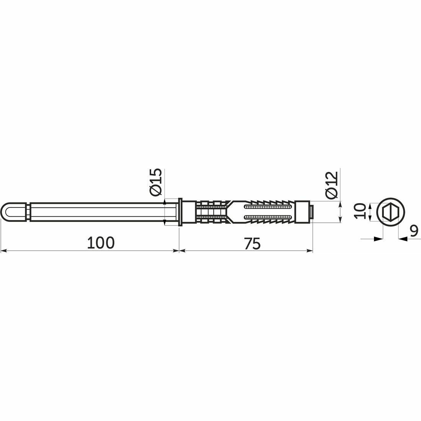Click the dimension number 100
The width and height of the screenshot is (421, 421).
pyautogui.click(x=101, y=243)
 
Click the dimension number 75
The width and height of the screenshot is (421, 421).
pyautogui.click(x=252, y=243)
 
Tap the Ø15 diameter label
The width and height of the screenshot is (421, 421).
pyautogui.click(x=156, y=182)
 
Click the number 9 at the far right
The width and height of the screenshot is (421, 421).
pyautogui.click(x=414, y=231)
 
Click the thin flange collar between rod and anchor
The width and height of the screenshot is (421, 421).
pyautogui.click(x=180, y=212)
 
